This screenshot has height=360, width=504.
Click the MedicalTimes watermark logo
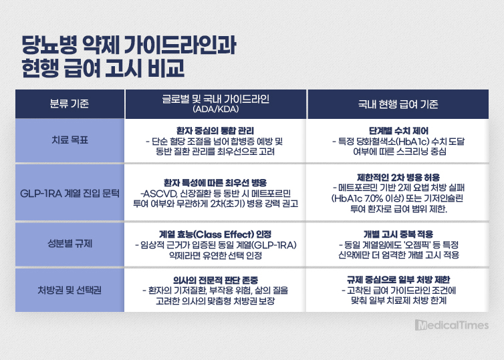(x=452, y=325)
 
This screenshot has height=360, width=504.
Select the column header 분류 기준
(x=70, y=104)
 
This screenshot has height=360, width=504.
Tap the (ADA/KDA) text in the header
(x=216, y=110)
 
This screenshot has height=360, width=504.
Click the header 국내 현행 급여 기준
(x=398, y=104)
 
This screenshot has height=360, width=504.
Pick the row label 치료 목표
(x=70, y=140)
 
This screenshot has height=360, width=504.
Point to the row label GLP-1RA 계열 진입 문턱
(x=70, y=193)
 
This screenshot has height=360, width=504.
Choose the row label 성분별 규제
(x=70, y=243)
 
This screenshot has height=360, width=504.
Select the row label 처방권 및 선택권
(x=70, y=290)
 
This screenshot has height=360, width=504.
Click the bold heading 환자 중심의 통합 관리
(x=215, y=131)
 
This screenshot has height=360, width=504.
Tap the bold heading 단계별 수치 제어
(x=398, y=131)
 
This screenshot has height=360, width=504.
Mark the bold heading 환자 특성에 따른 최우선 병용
(x=215, y=183)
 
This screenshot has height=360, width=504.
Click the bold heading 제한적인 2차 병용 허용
(x=398, y=177)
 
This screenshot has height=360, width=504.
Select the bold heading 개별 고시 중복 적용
(x=398, y=234)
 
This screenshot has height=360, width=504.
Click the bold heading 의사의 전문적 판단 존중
(x=215, y=280)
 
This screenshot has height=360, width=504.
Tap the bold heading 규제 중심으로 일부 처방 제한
(x=398, y=280)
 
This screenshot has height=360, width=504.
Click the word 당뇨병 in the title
(x=49, y=45)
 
